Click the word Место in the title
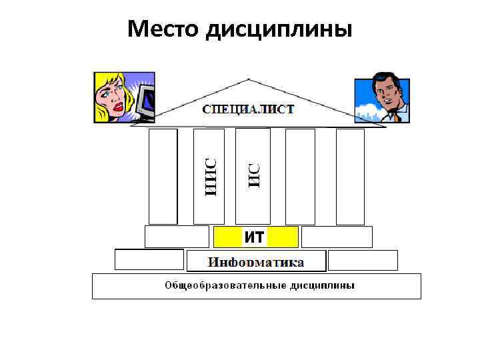point(163,29)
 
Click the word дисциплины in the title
point(280,30)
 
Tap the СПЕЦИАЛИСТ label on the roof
point(248,109)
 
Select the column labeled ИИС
point(209,177)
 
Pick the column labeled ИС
point(253,177)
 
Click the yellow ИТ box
point(255,237)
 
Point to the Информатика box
point(256,261)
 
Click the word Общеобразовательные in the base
point(217,285)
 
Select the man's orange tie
point(397,116)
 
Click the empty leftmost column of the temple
point(163,177)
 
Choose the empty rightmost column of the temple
point(350,177)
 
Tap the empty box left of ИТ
point(177,237)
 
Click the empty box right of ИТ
point(337,237)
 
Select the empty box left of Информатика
point(149,259)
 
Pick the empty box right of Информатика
point(363,260)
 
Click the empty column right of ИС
point(300,177)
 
